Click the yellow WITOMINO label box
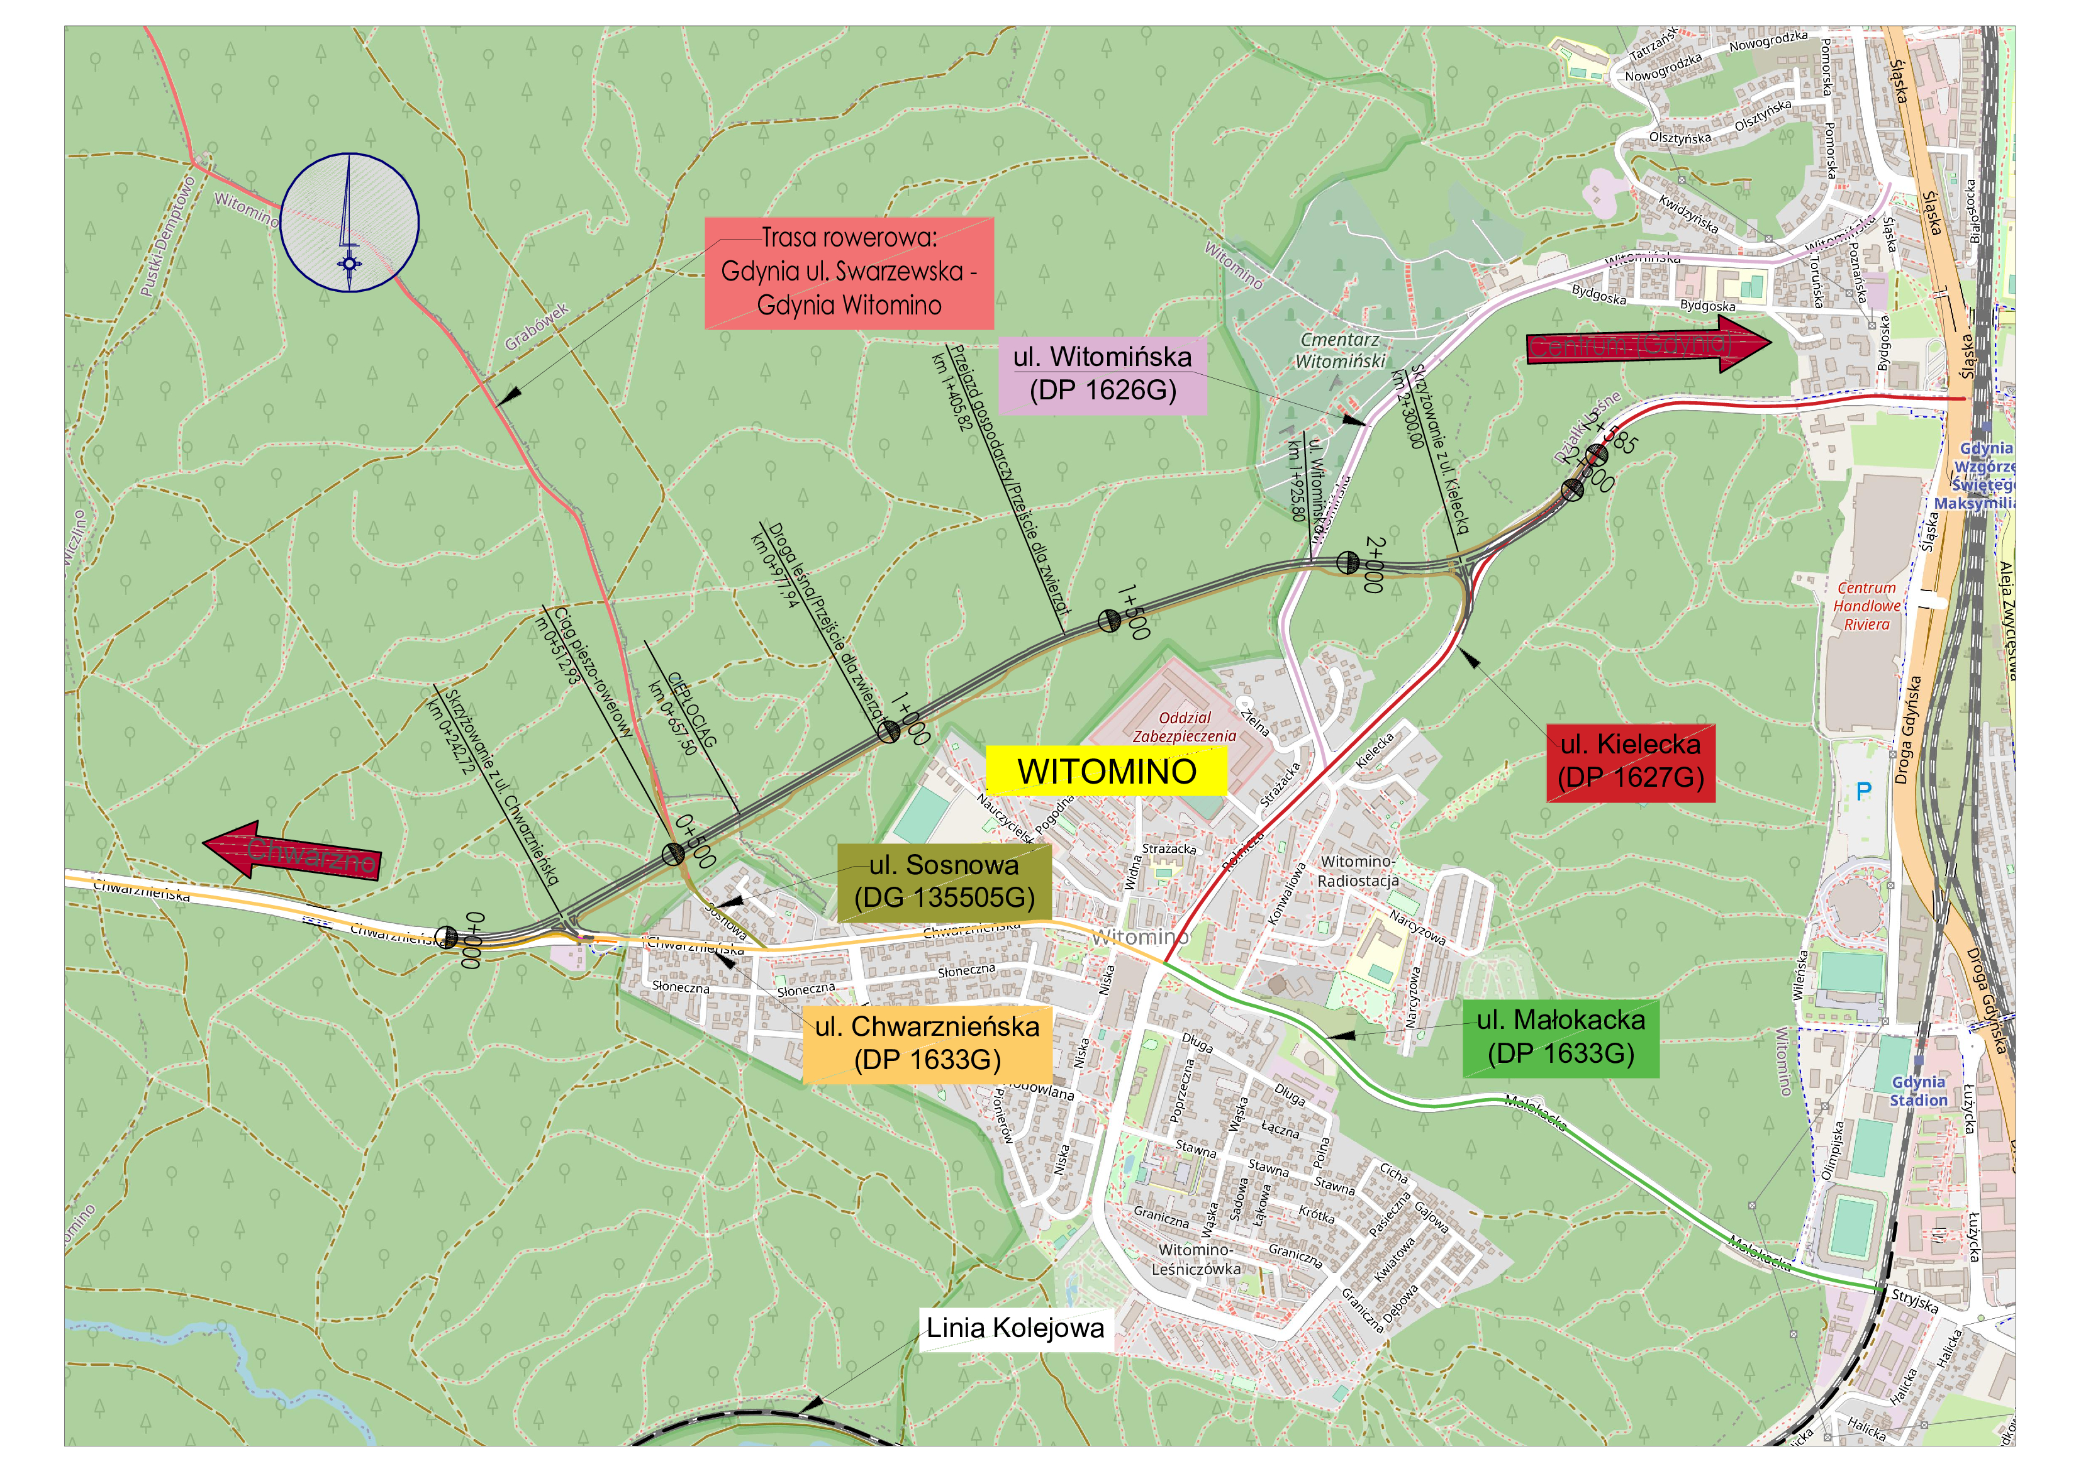pyautogui.click(x=1106, y=771)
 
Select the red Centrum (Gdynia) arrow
pyautogui.click(x=1648, y=345)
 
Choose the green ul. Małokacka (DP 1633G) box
pyautogui.click(x=1560, y=1038)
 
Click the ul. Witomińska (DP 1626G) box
pyautogui.click(x=1102, y=374)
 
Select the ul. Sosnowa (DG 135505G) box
pyautogui.click(x=944, y=882)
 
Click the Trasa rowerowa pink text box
pyautogui.click(x=849, y=272)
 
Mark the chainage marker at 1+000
pyautogui.click(x=889, y=731)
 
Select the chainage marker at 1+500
pyautogui.click(x=1108, y=621)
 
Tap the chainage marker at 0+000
pyautogui.click(x=447, y=937)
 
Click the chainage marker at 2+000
pyautogui.click(x=1347, y=563)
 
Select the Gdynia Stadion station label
pyautogui.click(x=1918, y=1091)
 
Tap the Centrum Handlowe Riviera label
pyautogui.click(x=1866, y=606)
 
